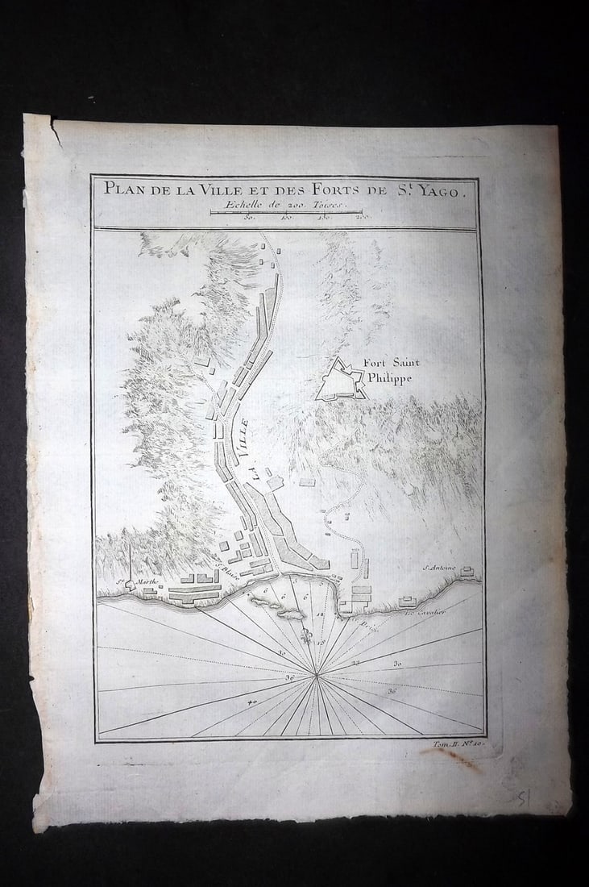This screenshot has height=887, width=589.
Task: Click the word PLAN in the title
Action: [x=122, y=189]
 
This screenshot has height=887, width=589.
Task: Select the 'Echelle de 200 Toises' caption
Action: [x=286, y=205]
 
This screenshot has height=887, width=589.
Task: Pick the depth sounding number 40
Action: [x=253, y=703]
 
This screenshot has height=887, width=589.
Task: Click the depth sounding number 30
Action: [x=396, y=663]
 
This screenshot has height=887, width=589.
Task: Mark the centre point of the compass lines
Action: [x=318, y=676]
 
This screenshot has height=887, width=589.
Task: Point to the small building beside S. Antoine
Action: [x=467, y=573]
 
